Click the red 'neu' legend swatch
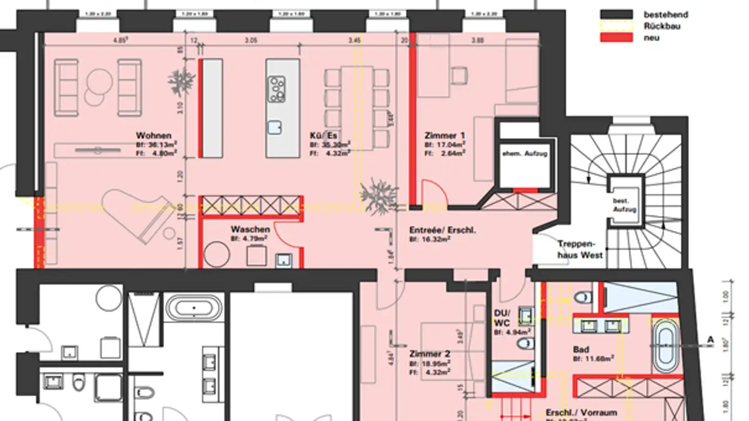click(x=616, y=37)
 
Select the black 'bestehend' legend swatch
click(x=616, y=15)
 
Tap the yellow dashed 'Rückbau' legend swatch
click(x=616, y=26)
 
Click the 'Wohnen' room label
click(x=153, y=135)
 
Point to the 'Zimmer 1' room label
click(x=441, y=135)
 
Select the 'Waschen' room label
click(x=250, y=229)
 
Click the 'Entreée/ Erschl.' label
click(x=442, y=230)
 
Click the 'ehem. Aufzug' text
click(x=524, y=154)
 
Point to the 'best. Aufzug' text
click(x=625, y=205)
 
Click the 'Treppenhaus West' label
click(x=580, y=249)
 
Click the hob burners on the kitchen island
click(x=276, y=89)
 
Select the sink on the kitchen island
click(x=275, y=127)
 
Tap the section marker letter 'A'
click(x=710, y=340)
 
